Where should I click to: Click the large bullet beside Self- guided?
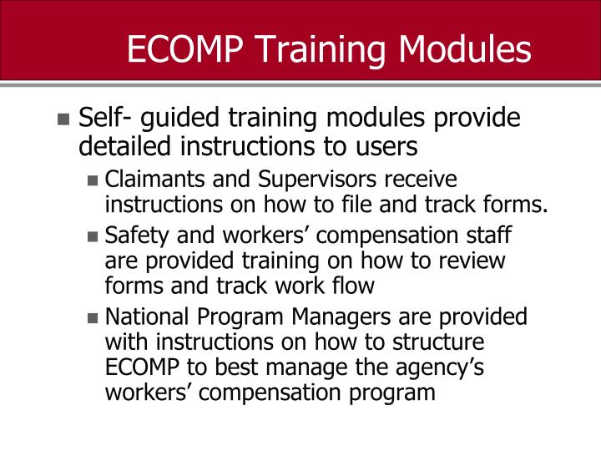pyautogui.click(x=64, y=119)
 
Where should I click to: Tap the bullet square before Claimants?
pyautogui.click(x=93, y=180)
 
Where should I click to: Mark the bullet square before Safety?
pyautogui.click(x=93, y=237)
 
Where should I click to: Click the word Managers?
pyautogui.click(x=351, y=318)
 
